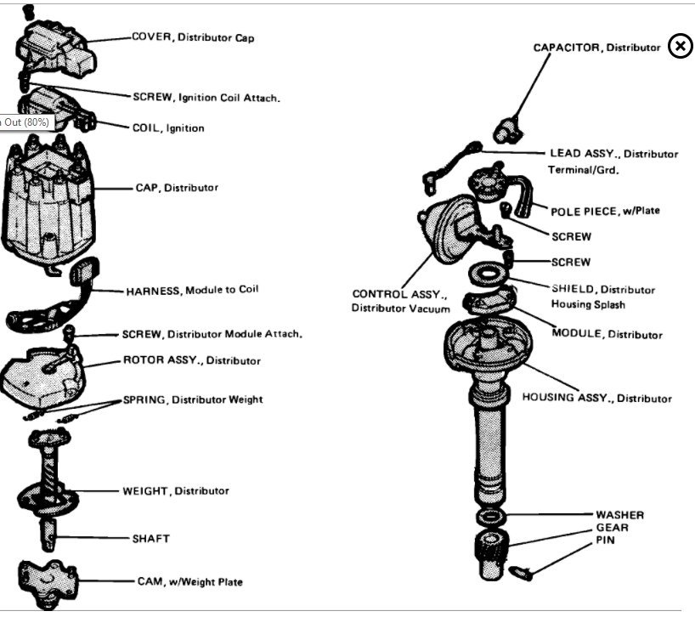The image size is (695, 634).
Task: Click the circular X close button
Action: (680, 46)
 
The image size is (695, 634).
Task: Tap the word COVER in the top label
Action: (151, 37)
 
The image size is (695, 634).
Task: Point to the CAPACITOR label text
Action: (568, 48)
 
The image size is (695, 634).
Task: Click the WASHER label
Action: (619, 515)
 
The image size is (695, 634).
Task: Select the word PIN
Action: (604, 540)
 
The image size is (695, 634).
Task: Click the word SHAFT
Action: (150, 538)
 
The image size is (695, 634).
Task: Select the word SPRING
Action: (145, 399)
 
